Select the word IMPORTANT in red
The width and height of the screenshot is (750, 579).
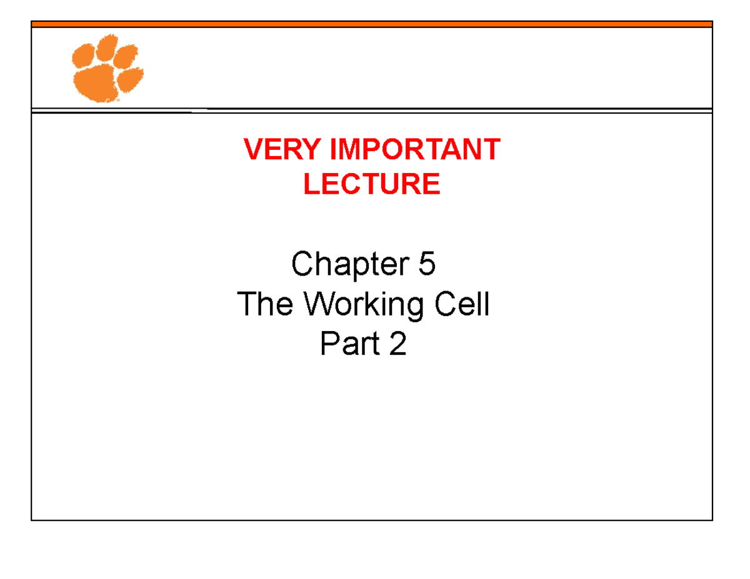click(414, 150)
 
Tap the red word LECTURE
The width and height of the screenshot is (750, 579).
click(372, 184)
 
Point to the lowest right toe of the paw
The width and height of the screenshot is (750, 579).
click(131, 79)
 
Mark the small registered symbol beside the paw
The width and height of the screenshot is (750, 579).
click(117, 100)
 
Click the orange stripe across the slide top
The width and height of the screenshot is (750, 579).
click(372, 24)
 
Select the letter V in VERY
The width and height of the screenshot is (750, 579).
click(252, 150)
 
